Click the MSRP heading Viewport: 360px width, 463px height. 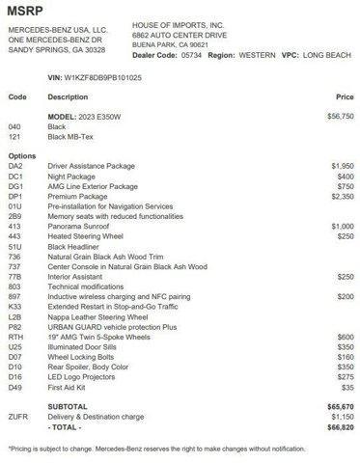click(26, 11)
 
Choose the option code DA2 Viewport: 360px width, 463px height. click(15, 166)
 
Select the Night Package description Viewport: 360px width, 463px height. click(73, 176)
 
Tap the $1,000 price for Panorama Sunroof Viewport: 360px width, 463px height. click(341, 225)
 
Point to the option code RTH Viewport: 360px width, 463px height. click(15, 335)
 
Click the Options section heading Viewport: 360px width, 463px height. click(21, 155)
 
